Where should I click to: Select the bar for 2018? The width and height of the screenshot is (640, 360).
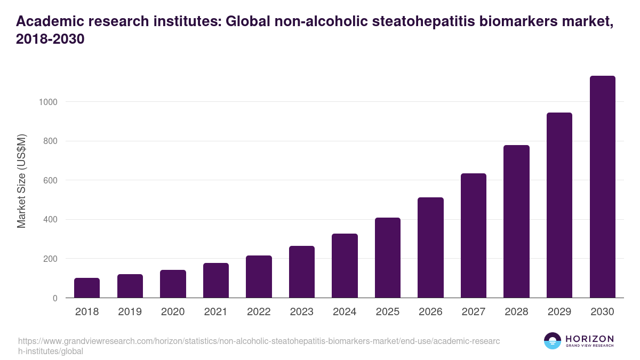coord(87,288)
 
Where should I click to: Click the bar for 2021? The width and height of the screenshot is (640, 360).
coord(216,281)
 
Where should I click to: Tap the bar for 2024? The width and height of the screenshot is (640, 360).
coord(345,266)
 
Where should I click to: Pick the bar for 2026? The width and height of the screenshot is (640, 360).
coord(430,247)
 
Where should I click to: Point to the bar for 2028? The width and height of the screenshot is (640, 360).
coord(516,221)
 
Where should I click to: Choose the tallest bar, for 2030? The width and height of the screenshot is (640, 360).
coord(602,187)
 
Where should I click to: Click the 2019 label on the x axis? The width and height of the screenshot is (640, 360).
coord(130,312)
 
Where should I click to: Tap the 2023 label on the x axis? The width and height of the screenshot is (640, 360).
coord(302,312)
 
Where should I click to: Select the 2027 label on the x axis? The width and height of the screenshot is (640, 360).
coord(474,312)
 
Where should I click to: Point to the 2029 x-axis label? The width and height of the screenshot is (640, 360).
coord(559,312)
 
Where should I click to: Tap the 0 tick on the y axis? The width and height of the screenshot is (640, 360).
coord(55,298)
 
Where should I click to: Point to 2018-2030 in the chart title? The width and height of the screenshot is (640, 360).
coord(51,39)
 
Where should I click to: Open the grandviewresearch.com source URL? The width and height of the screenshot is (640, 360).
coord(259,346)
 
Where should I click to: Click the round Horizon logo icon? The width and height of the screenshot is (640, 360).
coord(552,341)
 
